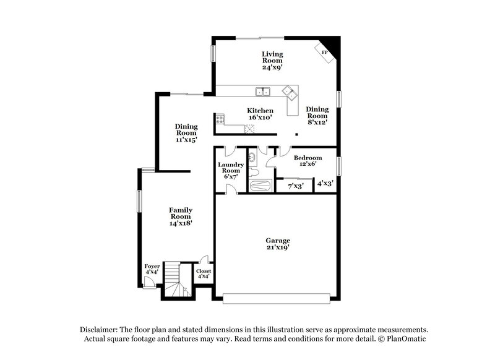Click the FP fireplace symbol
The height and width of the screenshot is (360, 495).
coord(325,52)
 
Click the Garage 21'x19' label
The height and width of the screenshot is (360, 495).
coord(278,244)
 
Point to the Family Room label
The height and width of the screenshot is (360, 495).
coord(181,217)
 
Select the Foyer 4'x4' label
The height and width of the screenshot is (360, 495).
coord(152,269)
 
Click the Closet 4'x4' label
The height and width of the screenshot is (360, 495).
coord(203,274)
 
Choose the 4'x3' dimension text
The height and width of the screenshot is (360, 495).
coord(325,184)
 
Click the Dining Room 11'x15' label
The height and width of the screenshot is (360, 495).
coord(186,133)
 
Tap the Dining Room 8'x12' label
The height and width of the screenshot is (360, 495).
coord(317,115)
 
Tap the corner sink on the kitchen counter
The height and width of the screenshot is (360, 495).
coord(288,93)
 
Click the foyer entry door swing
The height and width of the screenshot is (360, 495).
coord(148,281)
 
